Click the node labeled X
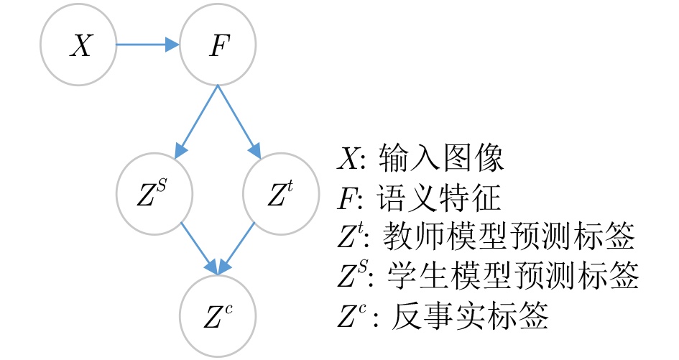[x=78, y=45]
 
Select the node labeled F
[x=218, y=45]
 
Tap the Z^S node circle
[x=154, y=193]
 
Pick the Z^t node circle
[x=281, y=193]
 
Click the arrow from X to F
[x=148, y=45]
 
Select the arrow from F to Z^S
[x=196, y=121]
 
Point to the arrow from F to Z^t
[x=239, y=121]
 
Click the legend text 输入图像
[x=441, y=157]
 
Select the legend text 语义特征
[x=439, y=198]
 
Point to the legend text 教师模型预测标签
[x=509, y=236]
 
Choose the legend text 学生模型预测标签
[x=513, y=275]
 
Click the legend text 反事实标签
[x=470, y=315]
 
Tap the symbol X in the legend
[x=348, y=158]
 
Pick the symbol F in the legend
[x=347, y=198]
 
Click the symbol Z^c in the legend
[x=351, y=316]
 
